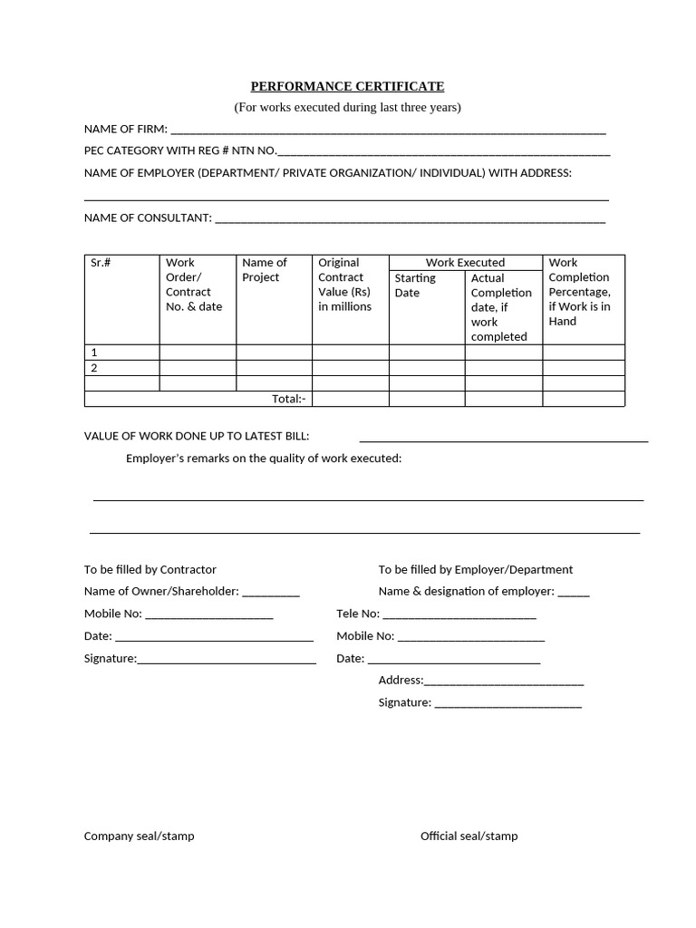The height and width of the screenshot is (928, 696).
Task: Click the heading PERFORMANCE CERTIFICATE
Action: pos(347,86)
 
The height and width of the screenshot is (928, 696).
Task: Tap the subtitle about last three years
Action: pos(347,107)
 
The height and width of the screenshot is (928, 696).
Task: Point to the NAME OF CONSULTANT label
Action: pos(148,217)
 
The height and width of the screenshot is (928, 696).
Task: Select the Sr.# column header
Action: pos(101,263)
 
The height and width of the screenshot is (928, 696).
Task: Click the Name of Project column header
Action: pos(265,270)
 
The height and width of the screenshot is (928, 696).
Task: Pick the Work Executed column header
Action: pos(465,262)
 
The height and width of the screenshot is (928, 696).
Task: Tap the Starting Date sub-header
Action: pos(415,285)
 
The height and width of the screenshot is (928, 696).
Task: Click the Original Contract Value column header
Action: pos(344,285)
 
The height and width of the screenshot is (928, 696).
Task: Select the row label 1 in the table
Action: pos(94,352)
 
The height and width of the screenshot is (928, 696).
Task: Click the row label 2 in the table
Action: pos(94,368)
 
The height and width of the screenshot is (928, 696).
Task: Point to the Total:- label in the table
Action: pos(289,399)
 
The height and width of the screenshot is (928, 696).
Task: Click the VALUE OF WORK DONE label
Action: pos(197,436)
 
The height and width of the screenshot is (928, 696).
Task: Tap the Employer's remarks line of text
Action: pos(263,459)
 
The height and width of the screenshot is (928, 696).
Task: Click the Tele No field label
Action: pos(357,614)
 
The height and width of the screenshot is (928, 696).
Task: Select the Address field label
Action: pos(401,680)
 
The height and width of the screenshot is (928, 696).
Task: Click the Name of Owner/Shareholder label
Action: pos(161,591)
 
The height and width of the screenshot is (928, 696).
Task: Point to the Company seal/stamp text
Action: pos(139,836)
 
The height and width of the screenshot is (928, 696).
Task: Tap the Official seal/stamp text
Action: pos(469,836)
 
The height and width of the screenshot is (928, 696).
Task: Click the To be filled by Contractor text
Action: pos(150,569)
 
